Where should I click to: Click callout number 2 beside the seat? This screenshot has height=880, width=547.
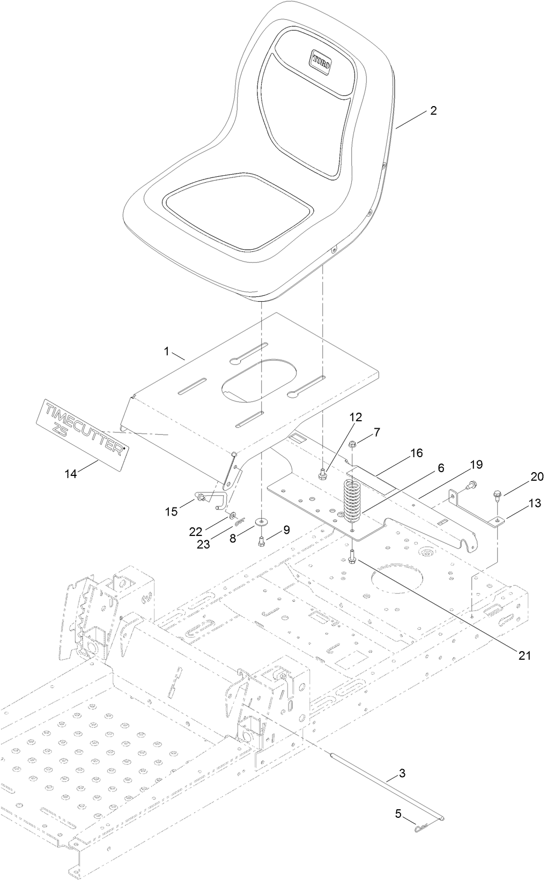(433, 111)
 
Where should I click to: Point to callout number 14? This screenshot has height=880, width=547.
(71, 473)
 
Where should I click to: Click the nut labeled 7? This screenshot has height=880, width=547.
(353, 444)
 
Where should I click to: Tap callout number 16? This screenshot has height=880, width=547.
(417, 453)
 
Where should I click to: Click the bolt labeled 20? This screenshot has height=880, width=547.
(497, 492)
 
